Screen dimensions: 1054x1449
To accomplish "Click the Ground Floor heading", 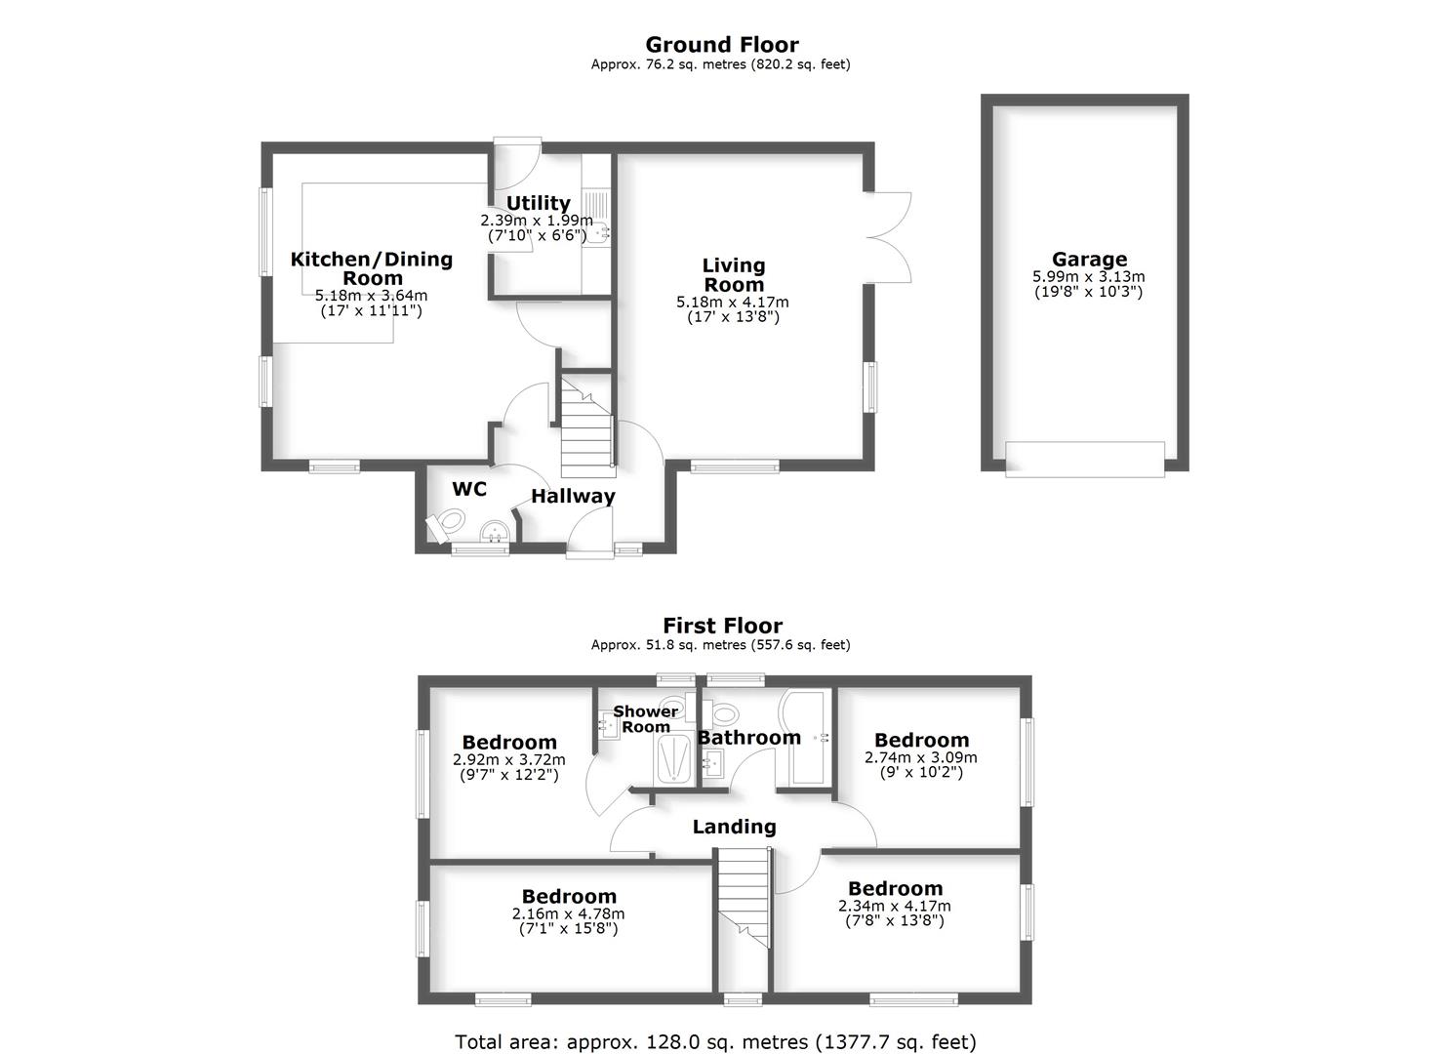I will tap(722, 45).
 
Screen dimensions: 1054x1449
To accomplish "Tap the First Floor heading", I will tap(722, 626).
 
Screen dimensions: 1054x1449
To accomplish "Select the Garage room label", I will tap(1089, 260).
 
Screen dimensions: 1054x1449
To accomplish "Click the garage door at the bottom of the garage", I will tap(1084, 459).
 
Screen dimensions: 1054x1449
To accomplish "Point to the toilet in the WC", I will tap(446, 526).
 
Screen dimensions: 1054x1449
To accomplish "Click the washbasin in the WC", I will tap(496, 531).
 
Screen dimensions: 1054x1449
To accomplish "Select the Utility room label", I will tap(538, 203).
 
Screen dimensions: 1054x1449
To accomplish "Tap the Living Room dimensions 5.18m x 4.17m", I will tap(733, 303).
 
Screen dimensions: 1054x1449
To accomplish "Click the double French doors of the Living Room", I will tap(888, 237).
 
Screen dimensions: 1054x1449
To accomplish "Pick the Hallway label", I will tap(573, 496).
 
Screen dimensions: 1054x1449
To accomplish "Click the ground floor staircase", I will tap(586, 429).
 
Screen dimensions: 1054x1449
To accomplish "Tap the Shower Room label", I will tap(646, 718).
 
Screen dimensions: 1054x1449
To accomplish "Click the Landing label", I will tap(734, 827).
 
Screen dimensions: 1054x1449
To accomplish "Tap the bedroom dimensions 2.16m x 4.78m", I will tap(568, 914).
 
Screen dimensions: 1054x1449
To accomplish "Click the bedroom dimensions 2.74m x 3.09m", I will tap(921, 757).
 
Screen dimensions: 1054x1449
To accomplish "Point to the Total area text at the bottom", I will tap(715, 1041).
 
